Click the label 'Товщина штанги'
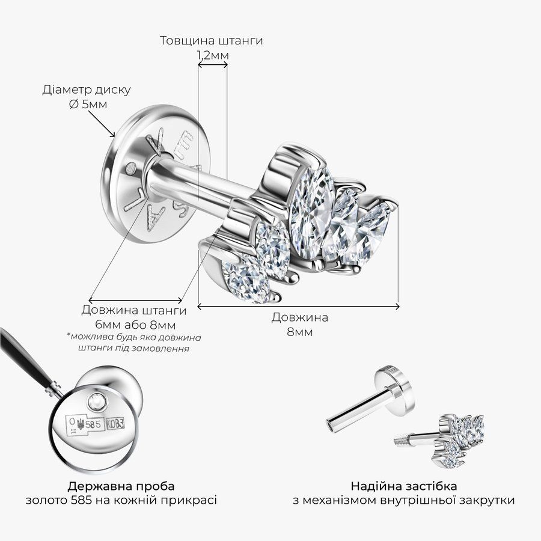pos(211,40)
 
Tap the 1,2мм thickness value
pos(213,55)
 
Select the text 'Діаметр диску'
pos(87,90)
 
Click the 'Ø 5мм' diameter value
pos(88,104)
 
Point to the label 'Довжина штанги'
pos(134,310)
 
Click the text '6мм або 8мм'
pos(135,325)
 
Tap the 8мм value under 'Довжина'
pos(299,332)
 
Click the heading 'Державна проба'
pos(121,486)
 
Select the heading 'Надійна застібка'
pos(404,486)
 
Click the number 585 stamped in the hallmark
pos(93,424)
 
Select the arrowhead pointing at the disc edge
pos(112,134)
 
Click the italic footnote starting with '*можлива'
pos(134,342)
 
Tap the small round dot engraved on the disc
pos(131,168)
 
